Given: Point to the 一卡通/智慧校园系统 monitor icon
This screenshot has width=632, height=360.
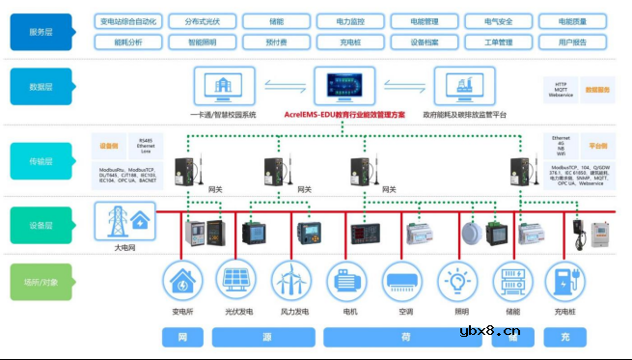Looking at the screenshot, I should [x=224, y=85].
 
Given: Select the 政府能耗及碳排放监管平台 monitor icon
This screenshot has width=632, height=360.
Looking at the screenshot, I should [x=464, y=85].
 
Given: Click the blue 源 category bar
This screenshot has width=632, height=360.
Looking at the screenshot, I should [x=266, y=337].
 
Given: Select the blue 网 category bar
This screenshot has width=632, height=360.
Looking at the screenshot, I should [x=183, y=337].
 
